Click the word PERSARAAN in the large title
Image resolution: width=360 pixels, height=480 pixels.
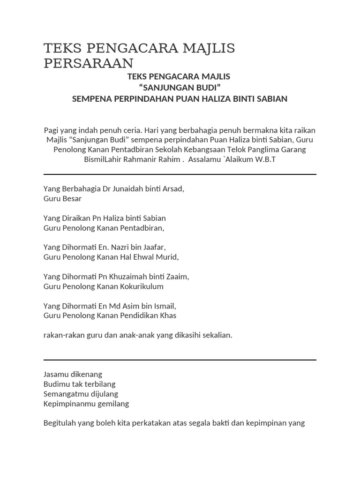(89, 63)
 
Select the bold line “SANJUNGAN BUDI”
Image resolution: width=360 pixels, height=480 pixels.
(180, 88)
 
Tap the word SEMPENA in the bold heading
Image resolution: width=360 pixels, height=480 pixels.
(91, 99)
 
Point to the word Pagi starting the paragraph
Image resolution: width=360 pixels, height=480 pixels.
(52, 130)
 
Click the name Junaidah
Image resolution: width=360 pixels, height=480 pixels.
(128, 189)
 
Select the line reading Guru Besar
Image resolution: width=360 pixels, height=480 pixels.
(62, 199)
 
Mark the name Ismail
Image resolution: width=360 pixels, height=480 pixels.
(162, 306)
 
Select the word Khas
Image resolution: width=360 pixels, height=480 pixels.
(168, 315)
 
